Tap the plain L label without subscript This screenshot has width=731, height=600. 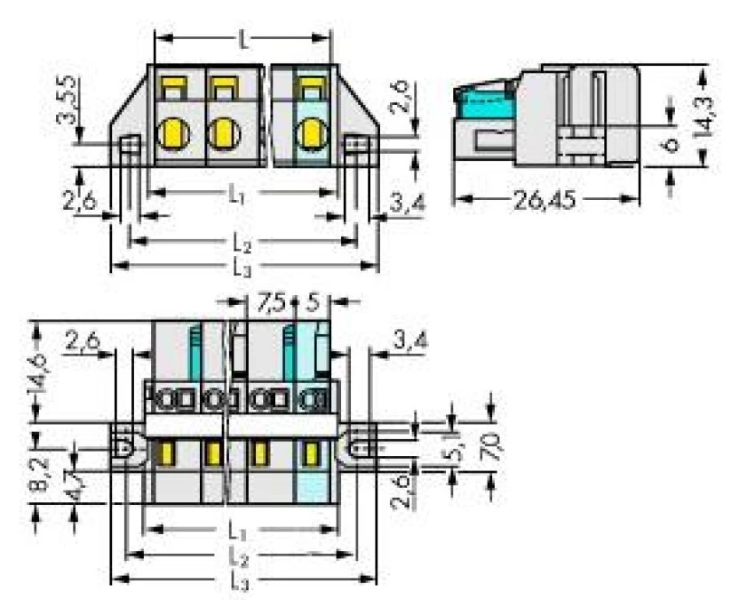coord(243,39)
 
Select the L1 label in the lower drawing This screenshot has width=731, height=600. coord(236,531)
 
